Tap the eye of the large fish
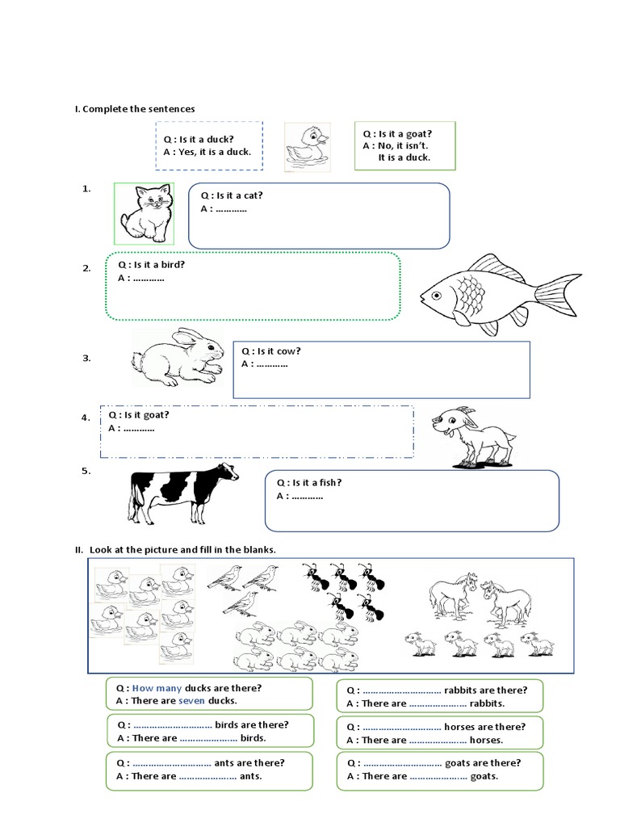pyautogui.click(x=436, y=295)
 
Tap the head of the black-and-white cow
pyautogui.click(x=227, y=472)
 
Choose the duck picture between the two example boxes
pyautogui.click(x=308, y=147)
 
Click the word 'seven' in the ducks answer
pyautogui.click(x=191, y=701)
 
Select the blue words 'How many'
pyautogui.click(x=157, y=688)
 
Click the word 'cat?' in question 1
pyautogui.click(x=253, y=195)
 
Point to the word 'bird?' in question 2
pyautogui.click(x=173, y=265)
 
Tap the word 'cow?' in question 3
pyautogui.click(x=288, y=351)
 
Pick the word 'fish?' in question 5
pyautogui.click(x=330, y=483)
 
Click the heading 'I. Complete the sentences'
pyautogui.click(x=135, y=109)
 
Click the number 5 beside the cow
pyautogui.click(x=86, y=471)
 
